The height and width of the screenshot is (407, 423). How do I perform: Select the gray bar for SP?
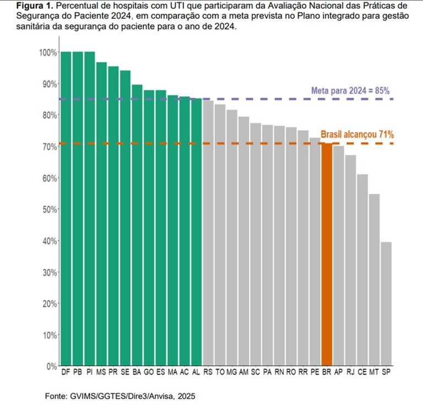[386, 303]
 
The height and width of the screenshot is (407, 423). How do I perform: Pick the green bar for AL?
[196, 232]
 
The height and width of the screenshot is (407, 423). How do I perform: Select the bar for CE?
[362, 270]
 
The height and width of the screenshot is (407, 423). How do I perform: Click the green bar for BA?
[137, 225]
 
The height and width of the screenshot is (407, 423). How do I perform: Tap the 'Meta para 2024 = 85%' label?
[351, 91]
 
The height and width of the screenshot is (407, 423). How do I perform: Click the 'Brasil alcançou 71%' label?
[357, 134]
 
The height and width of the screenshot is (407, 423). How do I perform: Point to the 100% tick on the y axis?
[48, 52]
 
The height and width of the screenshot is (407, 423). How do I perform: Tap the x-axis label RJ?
[350, 373]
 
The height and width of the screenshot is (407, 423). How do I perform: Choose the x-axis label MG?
[232, 373]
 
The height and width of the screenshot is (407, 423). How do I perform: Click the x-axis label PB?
[78, 373]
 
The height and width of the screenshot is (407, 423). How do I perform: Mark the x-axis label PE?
[314, 373]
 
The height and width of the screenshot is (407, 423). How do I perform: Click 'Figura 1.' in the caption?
[27, 6]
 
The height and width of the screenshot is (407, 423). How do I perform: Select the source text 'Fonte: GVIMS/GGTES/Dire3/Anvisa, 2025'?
[120, 396]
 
